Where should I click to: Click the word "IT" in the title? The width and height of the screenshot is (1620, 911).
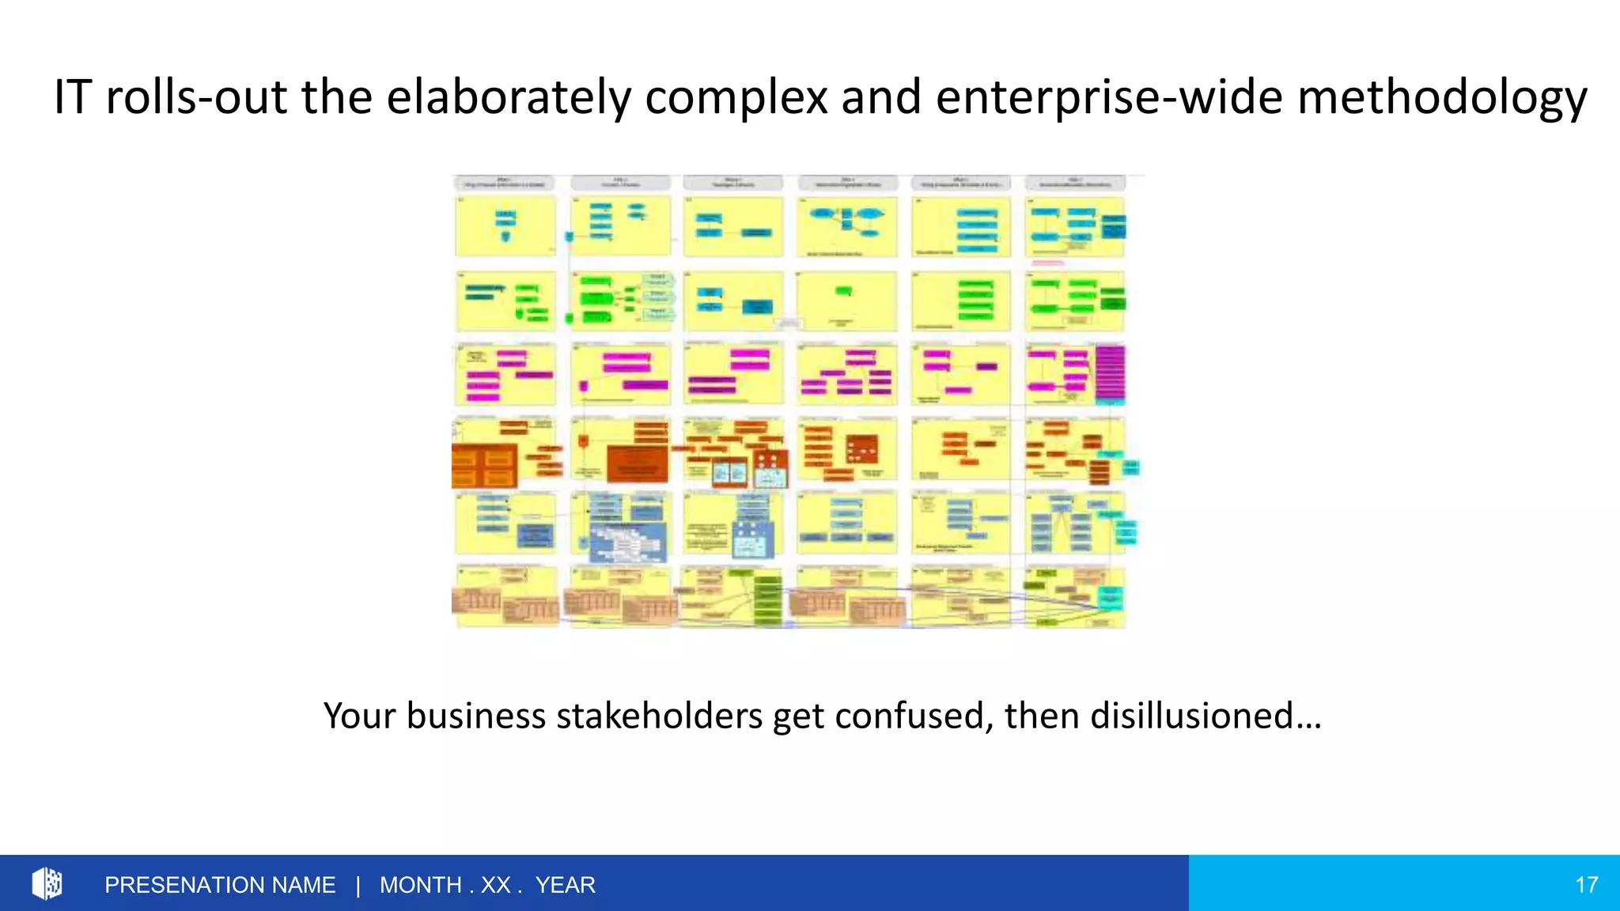coord(72,97)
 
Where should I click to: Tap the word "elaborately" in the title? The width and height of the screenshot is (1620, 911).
coord(509,97)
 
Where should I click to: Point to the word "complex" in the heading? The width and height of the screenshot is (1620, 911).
coord(736,97)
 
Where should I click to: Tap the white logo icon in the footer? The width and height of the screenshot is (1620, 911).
coord(47,883)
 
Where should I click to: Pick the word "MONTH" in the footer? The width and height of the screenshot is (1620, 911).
coord(421,885)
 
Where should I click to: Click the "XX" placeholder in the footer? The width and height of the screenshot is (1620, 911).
coord(496,885)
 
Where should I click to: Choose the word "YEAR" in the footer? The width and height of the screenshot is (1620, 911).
coord(565,885)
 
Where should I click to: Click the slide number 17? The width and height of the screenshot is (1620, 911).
coord(1586,885)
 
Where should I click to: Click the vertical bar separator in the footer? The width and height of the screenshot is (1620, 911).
coord(358,885)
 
